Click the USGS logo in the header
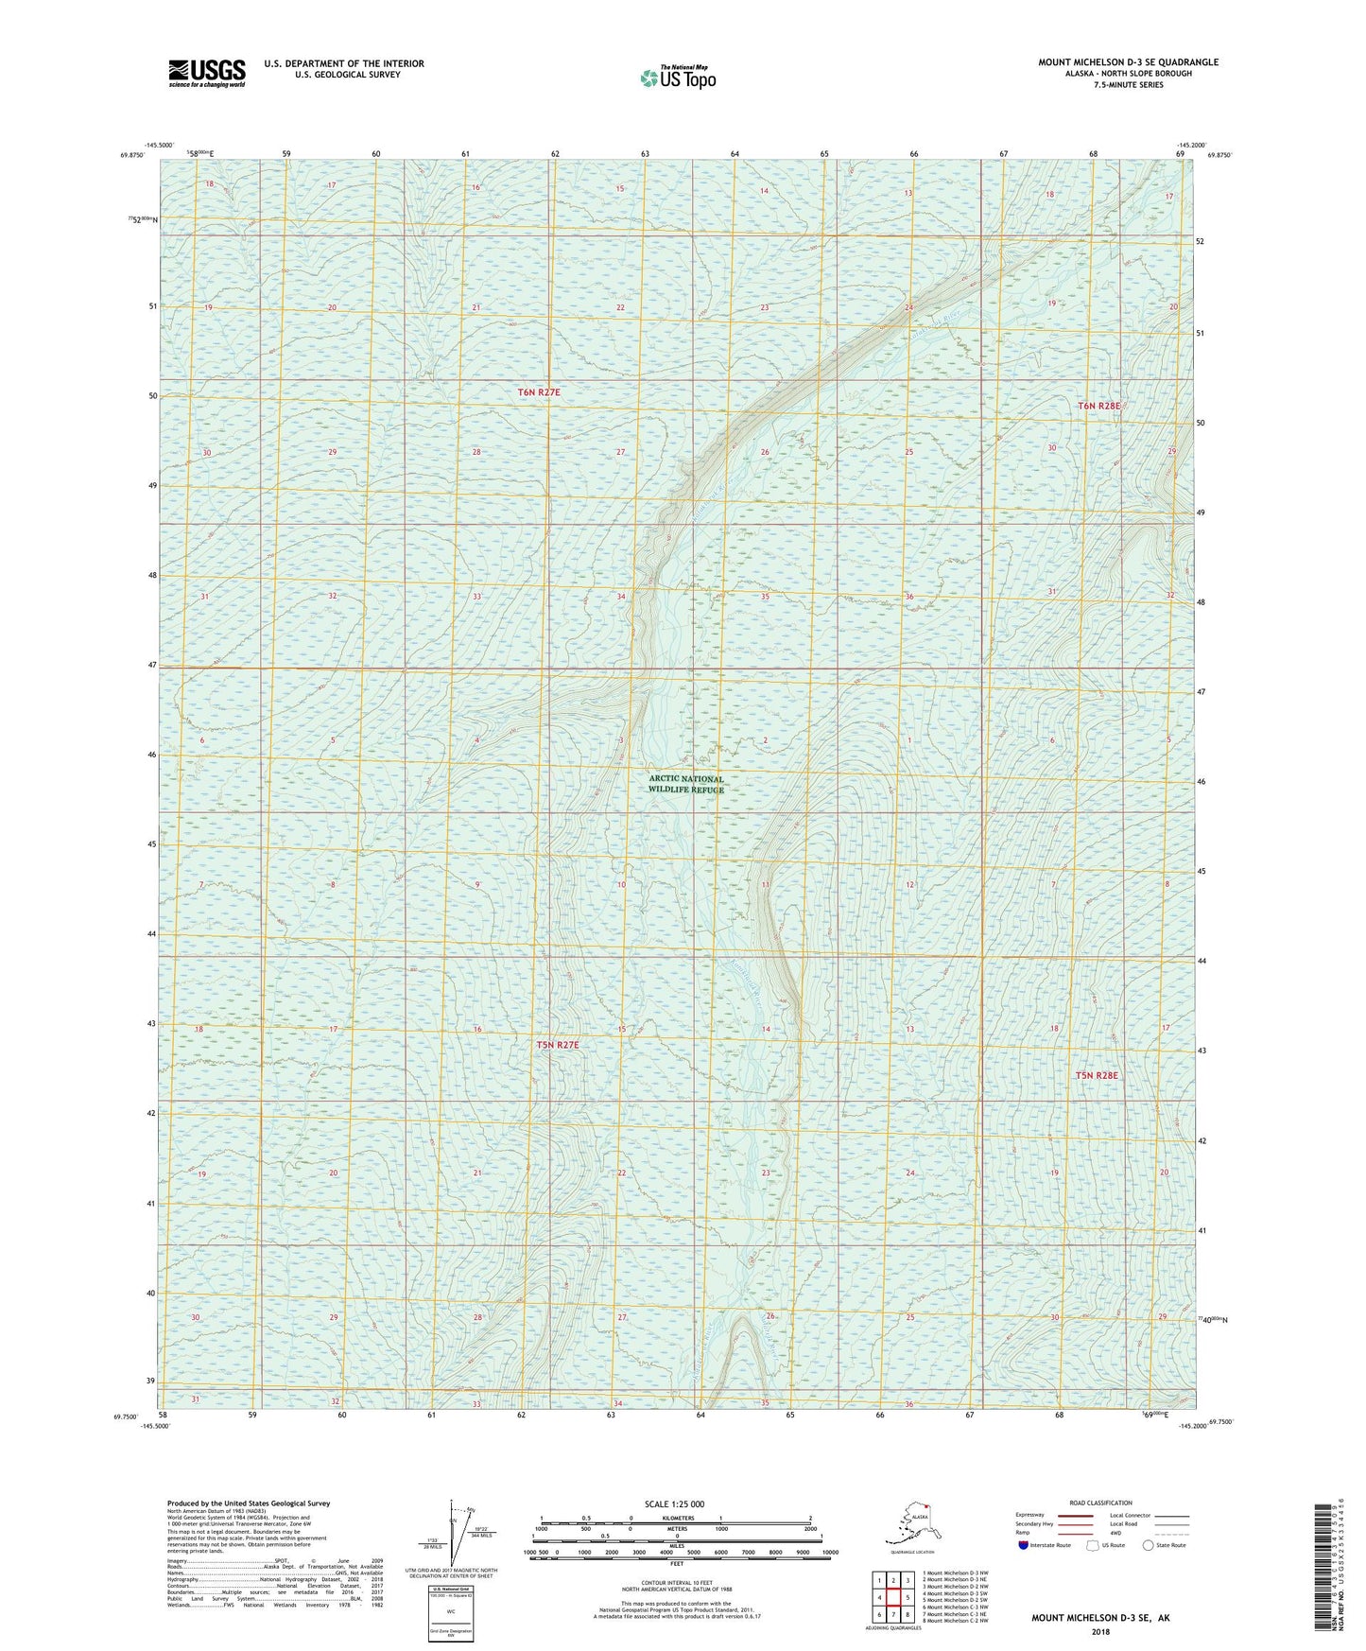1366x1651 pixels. click(x=207, y=72)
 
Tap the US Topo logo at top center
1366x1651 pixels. click(x=677, y=78)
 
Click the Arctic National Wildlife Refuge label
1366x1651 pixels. click(x=685, y=785)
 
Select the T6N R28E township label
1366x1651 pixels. click(x=1098, y=406)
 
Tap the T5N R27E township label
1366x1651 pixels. click(x=557, y=1045)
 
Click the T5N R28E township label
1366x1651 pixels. click(x=1097, y=1075)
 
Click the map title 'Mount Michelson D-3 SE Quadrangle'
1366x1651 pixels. click(x=1128, y=62)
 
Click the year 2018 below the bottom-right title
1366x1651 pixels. click(x=1099, y=1631)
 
